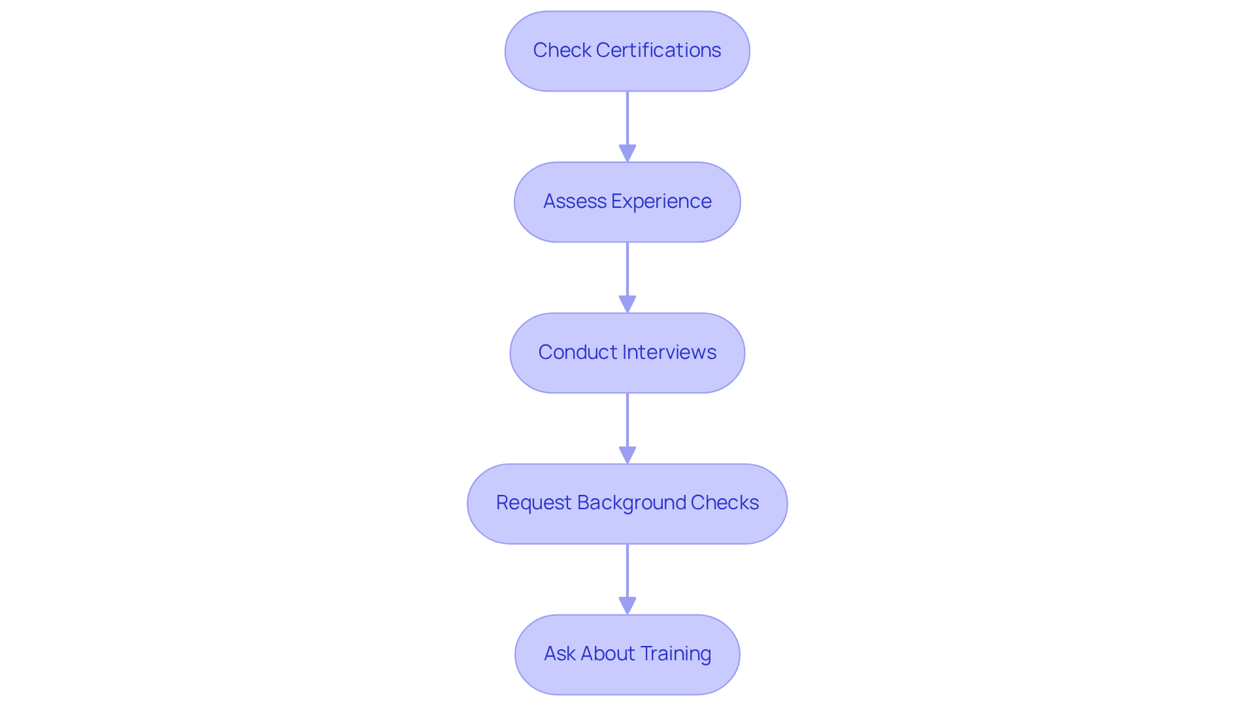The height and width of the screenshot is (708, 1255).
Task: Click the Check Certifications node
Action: coord(627,51)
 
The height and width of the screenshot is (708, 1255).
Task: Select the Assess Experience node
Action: coord(627,202)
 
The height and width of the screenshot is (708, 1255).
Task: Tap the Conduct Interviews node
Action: coord(627,353)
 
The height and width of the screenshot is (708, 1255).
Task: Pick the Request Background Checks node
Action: coord(627,503)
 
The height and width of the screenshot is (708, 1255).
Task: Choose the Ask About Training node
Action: coord(627,654)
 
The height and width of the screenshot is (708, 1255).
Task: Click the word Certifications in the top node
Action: coord(658,50)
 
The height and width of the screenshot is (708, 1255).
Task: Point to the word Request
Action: coord(533,503)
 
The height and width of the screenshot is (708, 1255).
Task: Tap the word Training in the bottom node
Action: coord(675,654)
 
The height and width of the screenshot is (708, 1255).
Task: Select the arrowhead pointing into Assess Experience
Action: coord(627,154)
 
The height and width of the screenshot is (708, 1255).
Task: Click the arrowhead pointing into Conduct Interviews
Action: coord(627,305)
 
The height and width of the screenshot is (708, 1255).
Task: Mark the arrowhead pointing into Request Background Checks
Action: coord(627,456)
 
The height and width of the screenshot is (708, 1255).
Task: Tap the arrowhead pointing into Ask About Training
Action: coord(627,606)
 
